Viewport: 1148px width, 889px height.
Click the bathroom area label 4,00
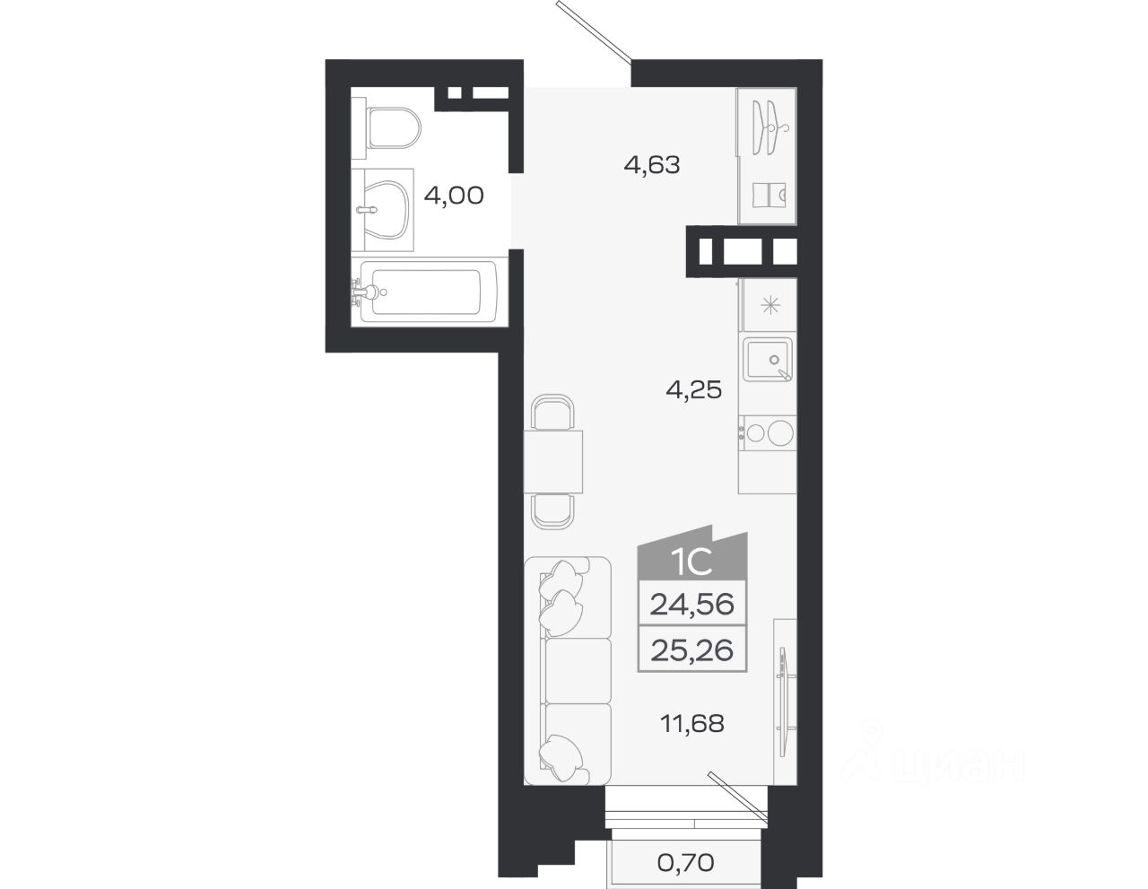pyautogui.click(x=454, y=196)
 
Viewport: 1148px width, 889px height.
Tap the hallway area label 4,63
pyautogui.click(x=652, y=165)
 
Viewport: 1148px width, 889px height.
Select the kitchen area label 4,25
pyautogui.click(x=693, y=390)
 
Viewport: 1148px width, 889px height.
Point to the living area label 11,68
pyautogui.click(x=692, y=724)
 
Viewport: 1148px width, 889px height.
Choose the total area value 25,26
pyautogui.click(x=692, y=650)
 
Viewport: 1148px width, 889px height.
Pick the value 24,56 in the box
pyautogui.click(x=692, y=605)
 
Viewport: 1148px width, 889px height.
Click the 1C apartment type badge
pyautogui.click(x=692, y=562)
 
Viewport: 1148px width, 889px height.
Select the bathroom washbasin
pyautogui.click(x=386, y=210)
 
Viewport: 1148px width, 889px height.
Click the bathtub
pyautogui.click(x=424, y=291)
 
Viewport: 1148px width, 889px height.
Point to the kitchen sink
pyautogui.click(x=768, y=360)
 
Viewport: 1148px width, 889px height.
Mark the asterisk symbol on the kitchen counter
pyautogui.click(x=770, y=305)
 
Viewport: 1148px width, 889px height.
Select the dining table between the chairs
pyautogui.click(x=553, y=462)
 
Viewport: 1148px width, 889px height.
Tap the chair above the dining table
pyautogui.click(x=552, y=413)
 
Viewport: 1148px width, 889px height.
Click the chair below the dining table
pyautogui.click(x=552, y=511)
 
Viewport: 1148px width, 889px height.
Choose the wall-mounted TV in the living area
pyautogui.click(x=784, y=703)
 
